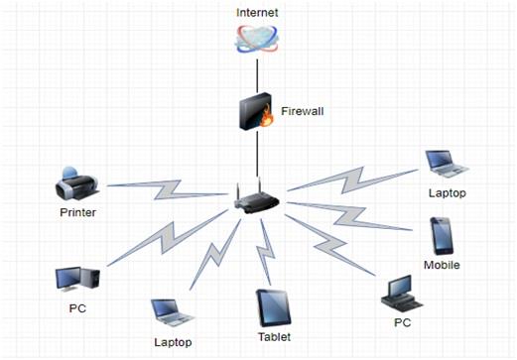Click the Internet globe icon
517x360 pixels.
point(257,39)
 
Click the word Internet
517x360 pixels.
point(257,13)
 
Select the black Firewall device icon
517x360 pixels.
point(256,111)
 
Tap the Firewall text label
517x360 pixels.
point(303,111)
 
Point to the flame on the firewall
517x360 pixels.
point(266,117)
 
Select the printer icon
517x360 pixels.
point(77,183)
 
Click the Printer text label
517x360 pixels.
point(78,212)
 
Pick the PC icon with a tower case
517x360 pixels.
point(77,280)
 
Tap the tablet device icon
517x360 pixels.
point(274,308)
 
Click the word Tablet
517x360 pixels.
point(274,337)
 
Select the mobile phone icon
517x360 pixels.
point(442,236)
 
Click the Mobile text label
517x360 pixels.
point(442,265)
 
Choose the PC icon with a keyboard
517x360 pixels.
point(401,294)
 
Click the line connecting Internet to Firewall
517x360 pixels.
point(257,76)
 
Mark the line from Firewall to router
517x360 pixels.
point(257,154)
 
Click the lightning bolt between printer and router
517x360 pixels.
point(168,189)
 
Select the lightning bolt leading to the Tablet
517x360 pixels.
point(267,251)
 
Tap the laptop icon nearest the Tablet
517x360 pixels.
point(173,312)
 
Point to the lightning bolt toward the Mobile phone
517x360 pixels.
point(350,216)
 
